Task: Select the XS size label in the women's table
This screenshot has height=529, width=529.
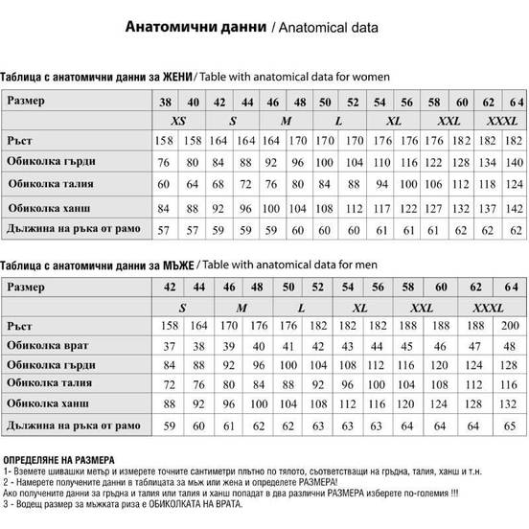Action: (x=178, y=122)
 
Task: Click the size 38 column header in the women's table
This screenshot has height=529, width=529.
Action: (x=165, y=102)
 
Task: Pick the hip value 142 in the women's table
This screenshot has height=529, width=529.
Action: (x=516, y=207)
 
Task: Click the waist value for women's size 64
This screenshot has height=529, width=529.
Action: (x=516, y=184)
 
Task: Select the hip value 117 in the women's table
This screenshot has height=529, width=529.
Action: (x=380, y=207)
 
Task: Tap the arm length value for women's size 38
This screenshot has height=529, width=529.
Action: (x=165, y=230)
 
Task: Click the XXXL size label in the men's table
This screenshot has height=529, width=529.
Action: (x=489, y=308)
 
